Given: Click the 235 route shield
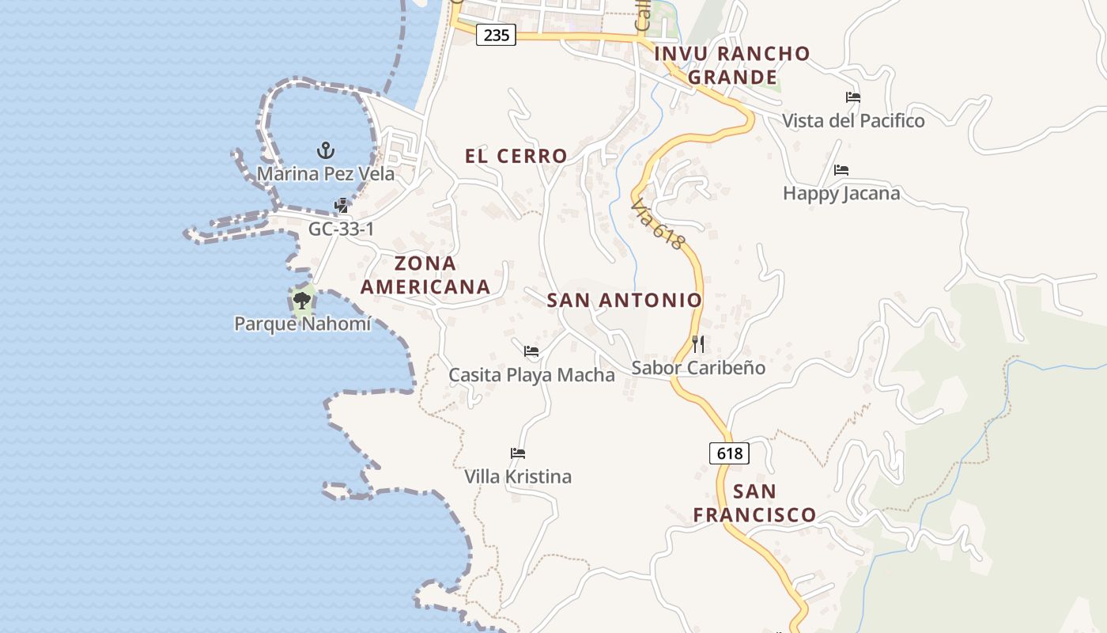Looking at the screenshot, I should click(x=496, y=35).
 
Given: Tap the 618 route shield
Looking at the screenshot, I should click(x=729, y=453).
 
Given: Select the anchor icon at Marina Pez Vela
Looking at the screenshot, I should click(x=325, y=150).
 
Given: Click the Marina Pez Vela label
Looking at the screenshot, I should click(x=326, y=173).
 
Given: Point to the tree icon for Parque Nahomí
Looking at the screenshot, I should click(x=301, y=300).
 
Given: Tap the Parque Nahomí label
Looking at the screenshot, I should click(x=302, y=324).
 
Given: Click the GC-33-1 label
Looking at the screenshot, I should click(x=341, y=229).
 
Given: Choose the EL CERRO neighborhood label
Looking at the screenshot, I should click(x=516, y=156).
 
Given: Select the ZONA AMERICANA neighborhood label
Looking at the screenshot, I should click(x=425, y=275).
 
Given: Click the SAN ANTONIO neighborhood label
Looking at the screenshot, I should click(x=625, y=300).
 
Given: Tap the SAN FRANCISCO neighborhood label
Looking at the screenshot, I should click(x=754, y=503).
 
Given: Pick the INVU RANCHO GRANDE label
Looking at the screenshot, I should click(x=733, y=65).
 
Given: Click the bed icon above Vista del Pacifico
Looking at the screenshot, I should click(x=853, y=97).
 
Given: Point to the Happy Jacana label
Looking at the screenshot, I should click(x=841, y=193).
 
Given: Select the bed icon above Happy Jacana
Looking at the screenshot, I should click(x=841, y=169).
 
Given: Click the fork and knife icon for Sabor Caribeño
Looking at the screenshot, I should click(x=698, y=343).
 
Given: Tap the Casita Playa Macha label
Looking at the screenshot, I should click(x=531, y=374).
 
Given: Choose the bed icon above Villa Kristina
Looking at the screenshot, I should click(x=518, y=453).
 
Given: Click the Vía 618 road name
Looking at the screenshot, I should click(x=657, y=224).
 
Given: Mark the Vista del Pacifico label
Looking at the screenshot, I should click(x=853, y=121).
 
